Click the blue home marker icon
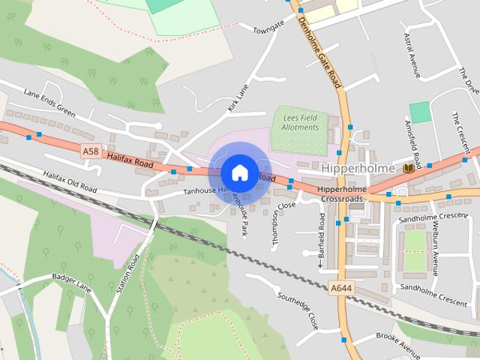click(238, 172)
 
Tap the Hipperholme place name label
click(361, 168)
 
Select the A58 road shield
click(90, 151)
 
